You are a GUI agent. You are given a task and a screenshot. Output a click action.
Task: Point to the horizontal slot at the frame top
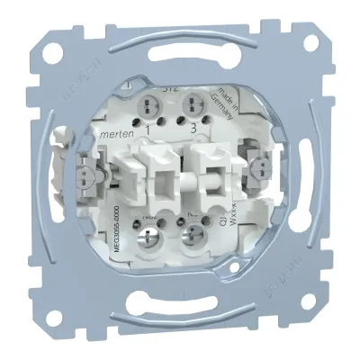(180, 65)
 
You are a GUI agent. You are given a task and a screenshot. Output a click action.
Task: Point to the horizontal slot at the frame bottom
(180, 295)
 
